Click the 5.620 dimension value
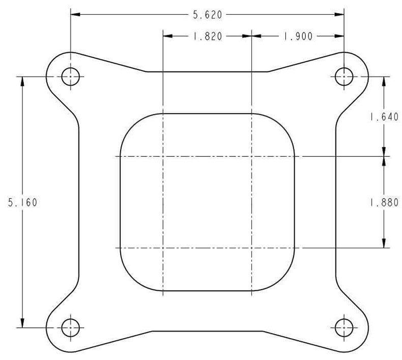point(207,15)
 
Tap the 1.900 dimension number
point(298,36)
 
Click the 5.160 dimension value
point(22,202)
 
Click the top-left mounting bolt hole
point(70,77)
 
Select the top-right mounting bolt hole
point(344,77)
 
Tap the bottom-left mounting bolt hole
point(70,327)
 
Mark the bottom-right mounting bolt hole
point(344,327)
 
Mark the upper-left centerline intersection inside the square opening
point(162,156)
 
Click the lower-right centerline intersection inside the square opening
point(252,248)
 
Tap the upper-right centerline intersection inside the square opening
point(252,156)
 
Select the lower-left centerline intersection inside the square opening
point(162,248)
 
